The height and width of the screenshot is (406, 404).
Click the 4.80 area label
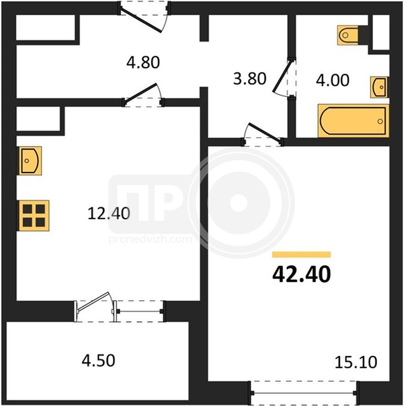[x=143, y=62]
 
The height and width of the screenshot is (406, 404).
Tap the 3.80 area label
[x=250, y=79]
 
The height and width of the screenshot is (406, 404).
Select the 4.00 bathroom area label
[x=332, y=80]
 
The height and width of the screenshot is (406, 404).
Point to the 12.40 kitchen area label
[x=109, y=214]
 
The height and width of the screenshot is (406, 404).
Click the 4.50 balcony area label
[x=98, y=360]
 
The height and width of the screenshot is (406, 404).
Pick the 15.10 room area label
[x=356, y=362]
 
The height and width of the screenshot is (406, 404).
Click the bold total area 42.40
[x=301, y=274]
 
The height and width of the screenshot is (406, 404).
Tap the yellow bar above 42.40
[x=301, y=255]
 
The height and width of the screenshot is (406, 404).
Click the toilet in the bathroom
[x=352, y=35]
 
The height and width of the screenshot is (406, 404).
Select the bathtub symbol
[x=353, y=121]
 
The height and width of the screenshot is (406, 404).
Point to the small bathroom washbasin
[x=379, y=87]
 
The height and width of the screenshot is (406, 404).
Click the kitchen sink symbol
[x=29, y=160]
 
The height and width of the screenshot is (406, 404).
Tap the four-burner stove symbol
[x=34, y=215]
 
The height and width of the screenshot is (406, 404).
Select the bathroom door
[x=284, y=78]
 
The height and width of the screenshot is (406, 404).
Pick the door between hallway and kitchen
[x=143, y=95]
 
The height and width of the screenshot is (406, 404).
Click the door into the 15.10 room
[x=262, y=134]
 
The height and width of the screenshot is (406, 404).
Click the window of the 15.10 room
[x=304, y=393]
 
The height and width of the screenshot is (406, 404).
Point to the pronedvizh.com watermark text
[x=150, y=239]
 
